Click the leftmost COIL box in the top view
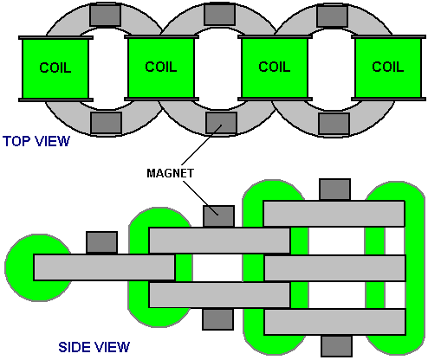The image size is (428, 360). pyautogui.click(x=55, y=68)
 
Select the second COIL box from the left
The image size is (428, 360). pyautogui.click(x=161, y=68)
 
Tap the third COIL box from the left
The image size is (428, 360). pyautogui.click(x=275, y=68)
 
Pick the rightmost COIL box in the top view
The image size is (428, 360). pyautogui.click(x=388, y=68)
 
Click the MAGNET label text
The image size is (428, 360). pyautogui.click(x=171, y=173)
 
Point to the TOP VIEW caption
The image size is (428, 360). pyautogui.click(x=36, y=141)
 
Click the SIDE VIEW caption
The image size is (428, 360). pyautogui.click(x=94, y=347)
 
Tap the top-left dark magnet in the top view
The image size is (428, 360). pyautogui.click(x=105, y=16)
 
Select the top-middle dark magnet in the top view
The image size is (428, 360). pyautogui.click(x=219, y=14)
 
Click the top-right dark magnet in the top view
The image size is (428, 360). pyautogui.click(x=332, y=16)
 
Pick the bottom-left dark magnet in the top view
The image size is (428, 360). pyautogui.click(x=107, y=123)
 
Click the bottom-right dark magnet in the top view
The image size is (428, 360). pyautogui.click(x=334, y=124)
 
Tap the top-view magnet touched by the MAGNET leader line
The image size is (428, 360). pyautogui.click(x=221, y=123)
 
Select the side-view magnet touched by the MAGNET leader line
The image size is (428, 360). pyautogui.click(x=218, y=216)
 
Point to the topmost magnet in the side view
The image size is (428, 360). pyautogui.click(x=335, y=190)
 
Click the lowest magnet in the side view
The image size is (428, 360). pyautogui.click(x=337, y=346)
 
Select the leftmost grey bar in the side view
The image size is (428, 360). pyautogui.click(x=104, y=267)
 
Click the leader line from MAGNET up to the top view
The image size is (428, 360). pyautogui.click(x=202, y=145)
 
